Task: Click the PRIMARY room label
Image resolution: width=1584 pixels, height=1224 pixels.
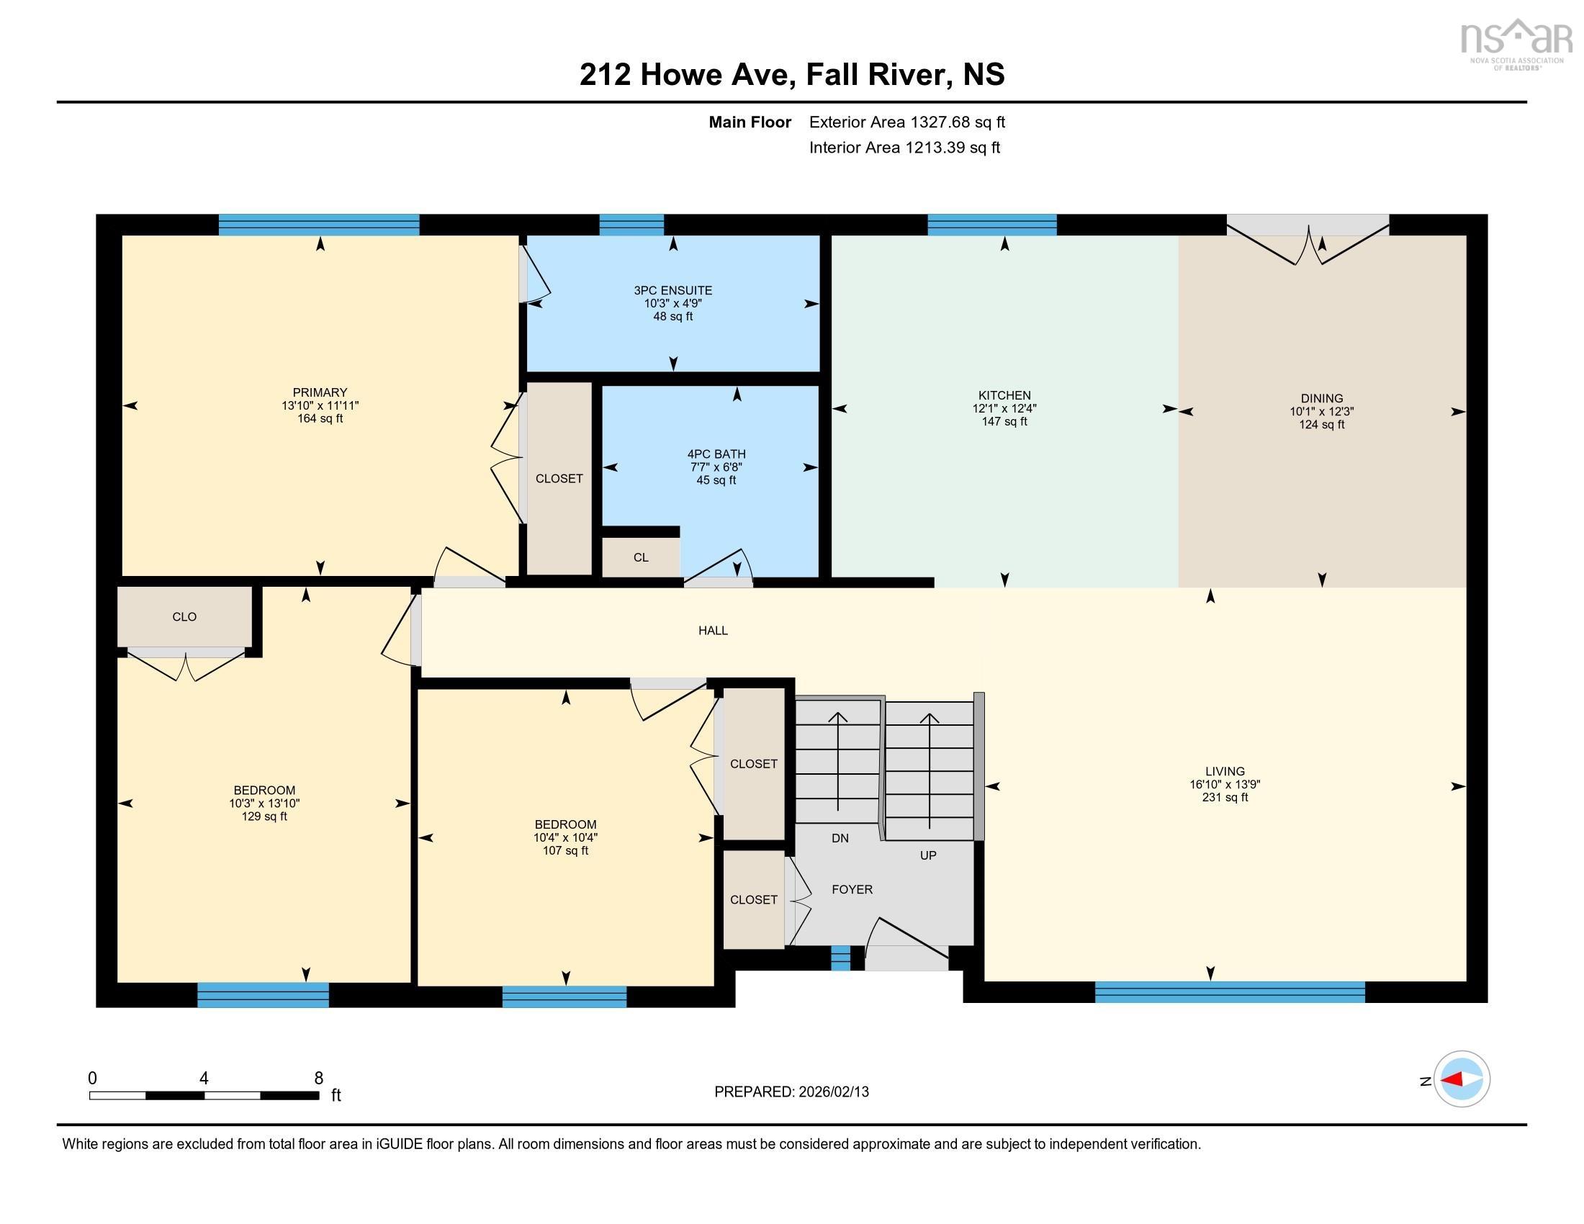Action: coord(320,392)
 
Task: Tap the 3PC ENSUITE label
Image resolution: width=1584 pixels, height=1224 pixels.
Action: coord(672,291)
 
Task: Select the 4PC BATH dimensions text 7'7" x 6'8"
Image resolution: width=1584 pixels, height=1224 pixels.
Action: coord(716,467)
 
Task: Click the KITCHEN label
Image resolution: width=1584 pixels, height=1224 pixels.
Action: coord(1004,395)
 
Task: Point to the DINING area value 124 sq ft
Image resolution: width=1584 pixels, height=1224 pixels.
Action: coord(1321,424)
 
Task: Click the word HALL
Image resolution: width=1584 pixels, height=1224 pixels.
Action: coord(713,631)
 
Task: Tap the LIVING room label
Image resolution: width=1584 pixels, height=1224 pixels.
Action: coord(1225,772)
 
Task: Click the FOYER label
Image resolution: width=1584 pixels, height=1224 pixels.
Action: coord(852,890)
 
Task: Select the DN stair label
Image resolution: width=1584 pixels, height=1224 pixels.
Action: coord(840,838)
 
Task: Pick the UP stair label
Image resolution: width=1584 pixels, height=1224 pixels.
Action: coord(927,855)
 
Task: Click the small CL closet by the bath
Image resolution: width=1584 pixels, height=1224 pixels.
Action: coord(640,557)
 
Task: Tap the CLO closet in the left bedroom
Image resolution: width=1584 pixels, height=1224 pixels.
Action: coord(184,617)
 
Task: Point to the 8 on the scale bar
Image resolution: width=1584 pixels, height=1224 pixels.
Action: coord(318,1079)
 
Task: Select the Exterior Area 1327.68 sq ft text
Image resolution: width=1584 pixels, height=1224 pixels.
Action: coord(906,122)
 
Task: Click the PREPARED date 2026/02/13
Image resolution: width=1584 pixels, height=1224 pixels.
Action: coord(832,1092)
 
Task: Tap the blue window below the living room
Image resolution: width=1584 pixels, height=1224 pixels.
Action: coord(1229,991)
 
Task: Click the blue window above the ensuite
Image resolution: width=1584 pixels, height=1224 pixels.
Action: coord(631,225)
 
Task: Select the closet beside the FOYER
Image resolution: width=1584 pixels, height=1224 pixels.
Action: coord(754,900)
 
